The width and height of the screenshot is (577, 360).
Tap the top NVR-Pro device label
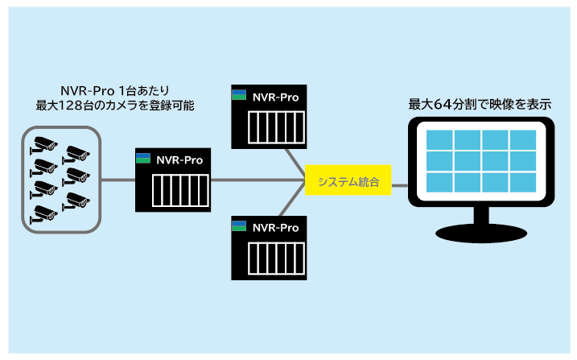click(x=275, y=97)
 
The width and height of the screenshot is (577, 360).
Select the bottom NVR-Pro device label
click(x=275, y=228)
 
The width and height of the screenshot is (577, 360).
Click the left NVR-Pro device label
click(x=179, y=159)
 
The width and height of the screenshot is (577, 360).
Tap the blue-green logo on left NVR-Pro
click(x=143, y=158)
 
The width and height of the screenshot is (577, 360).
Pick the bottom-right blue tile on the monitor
click(x=522, y=181)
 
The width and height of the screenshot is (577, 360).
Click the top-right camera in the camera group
click(x=77, y=153)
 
